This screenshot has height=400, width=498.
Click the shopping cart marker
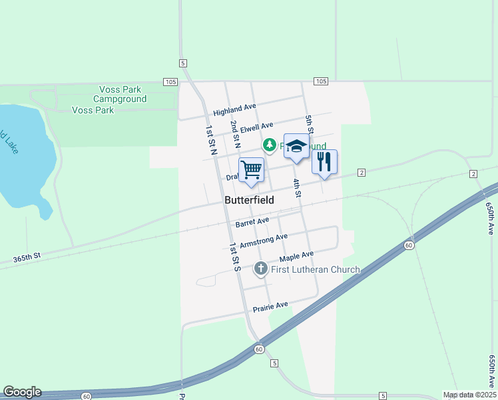point(251,169)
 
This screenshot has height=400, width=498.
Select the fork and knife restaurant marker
point(324,162)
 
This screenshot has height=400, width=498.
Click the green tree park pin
point(270,145)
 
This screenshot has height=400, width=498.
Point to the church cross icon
point(261,269)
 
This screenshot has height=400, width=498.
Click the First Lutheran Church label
point(316,269)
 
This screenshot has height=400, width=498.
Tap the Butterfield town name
point(249,200)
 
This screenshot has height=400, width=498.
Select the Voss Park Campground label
point(123,94)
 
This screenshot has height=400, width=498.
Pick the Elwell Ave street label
point(257,126)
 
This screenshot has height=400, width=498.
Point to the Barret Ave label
point(252,221)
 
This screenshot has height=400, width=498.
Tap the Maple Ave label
point(296,256)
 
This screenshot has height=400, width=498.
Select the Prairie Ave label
point(270,306)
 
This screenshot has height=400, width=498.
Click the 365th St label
point(27,255)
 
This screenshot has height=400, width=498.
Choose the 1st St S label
point(234,256)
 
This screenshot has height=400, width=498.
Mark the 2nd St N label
point(234,134)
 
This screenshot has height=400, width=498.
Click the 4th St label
point(297,187)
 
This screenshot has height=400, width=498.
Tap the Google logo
point(22,392)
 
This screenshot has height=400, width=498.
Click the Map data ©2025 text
point(469,395)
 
